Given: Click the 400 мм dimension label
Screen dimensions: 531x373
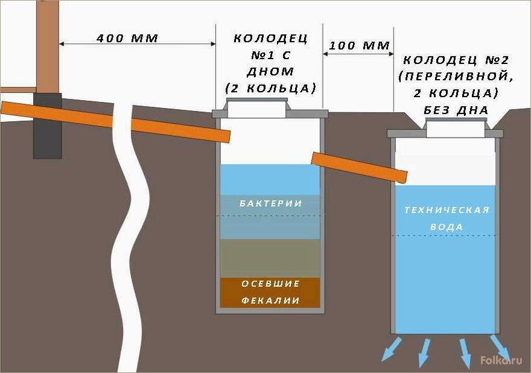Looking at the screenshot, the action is click(x=127, y=38).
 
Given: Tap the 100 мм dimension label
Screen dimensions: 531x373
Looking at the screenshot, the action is click(x=359, y=45).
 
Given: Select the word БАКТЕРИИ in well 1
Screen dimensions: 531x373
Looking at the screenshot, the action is click(x=270, y=203).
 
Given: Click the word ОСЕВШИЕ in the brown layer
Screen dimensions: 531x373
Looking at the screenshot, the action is click(x=270, y=284).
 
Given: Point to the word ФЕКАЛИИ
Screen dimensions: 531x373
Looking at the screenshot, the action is click(x=270, y=300).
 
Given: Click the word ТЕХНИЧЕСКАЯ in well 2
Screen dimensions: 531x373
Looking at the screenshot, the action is click(x=447, y=210).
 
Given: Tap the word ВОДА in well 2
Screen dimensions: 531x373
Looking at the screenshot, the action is click(x=447, y=227).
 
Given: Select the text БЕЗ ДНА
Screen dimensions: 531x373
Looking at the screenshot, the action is click(x=456, y=110).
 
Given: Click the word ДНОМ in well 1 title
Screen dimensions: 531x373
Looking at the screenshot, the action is click(x=270, y=71).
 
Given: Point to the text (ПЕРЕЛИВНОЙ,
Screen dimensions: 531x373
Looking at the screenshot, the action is click(x=456, y=77).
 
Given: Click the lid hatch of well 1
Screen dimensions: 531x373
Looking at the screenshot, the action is click(x=257, y=108).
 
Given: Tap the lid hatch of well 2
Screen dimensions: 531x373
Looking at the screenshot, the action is click(x=456, y=127).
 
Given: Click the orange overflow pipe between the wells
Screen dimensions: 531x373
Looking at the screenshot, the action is click(x=359, y=167).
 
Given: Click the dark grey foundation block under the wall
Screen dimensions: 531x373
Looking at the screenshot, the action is click(x=48, y=126).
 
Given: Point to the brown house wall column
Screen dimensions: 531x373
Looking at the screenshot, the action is click(x=48, y=46).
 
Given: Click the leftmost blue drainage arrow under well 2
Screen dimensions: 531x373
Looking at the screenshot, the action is click(x=392, y=349).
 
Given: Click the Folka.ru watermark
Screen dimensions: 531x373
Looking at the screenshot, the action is click(x=501, y=360).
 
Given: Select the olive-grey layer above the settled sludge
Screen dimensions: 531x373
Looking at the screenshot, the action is click(x=270, y=258).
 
